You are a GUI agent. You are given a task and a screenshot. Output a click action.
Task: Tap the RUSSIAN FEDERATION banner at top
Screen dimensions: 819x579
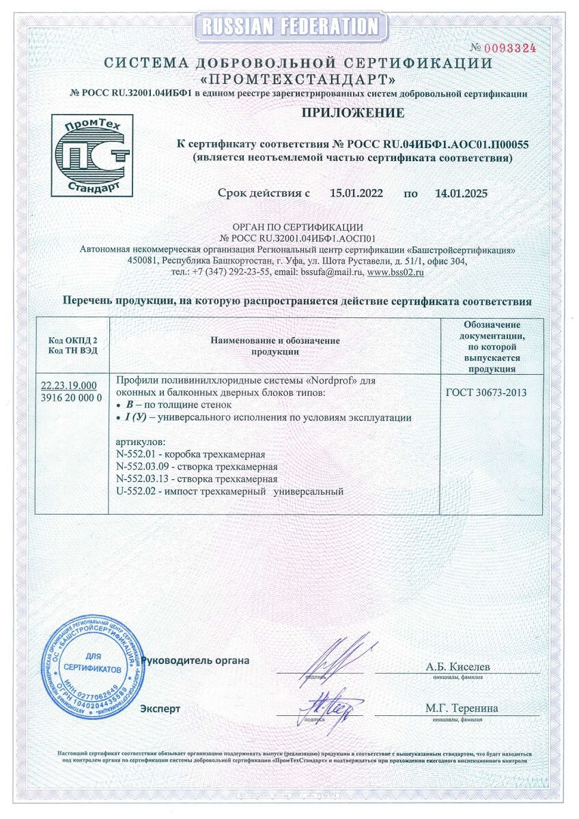(x=289, y=27)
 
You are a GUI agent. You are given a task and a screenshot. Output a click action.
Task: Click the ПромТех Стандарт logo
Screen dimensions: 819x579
(x=92, y=156)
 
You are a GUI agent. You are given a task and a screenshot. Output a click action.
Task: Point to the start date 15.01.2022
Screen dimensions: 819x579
(x=356, y=193)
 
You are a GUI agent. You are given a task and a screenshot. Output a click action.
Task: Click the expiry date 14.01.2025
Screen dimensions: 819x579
(x=461, y=193)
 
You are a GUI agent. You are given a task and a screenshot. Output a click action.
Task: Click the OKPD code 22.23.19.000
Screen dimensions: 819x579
(x=69, y=386)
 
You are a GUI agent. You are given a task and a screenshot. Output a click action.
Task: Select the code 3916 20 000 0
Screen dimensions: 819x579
(x=72, y=397)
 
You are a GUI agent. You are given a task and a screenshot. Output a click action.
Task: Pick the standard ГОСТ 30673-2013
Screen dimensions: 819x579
(x=486, y=392)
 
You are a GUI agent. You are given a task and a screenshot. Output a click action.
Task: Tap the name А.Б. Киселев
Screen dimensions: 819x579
(x=457, y=666)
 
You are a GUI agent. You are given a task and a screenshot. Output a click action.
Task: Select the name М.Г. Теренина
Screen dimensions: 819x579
(x=461, y=708)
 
